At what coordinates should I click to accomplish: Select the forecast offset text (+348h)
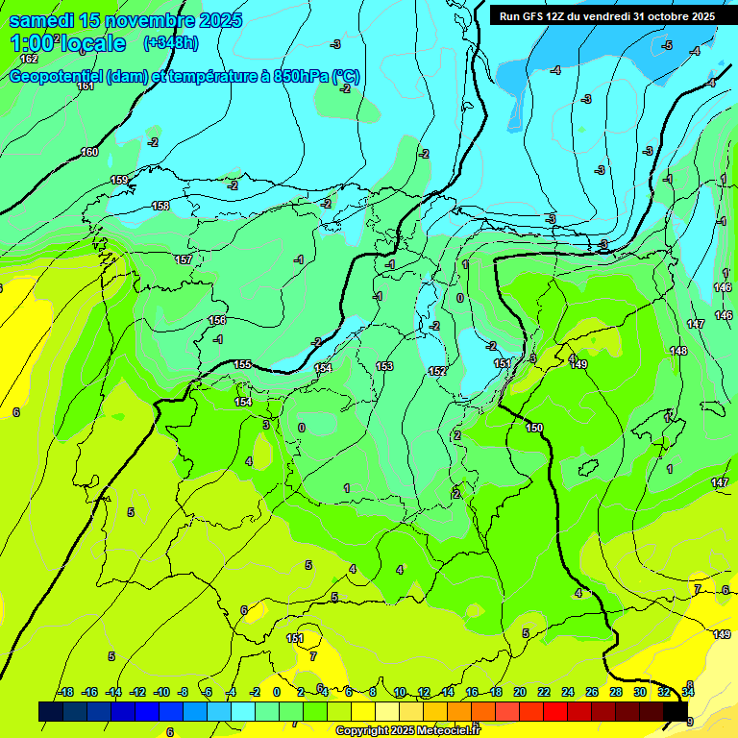pos(170,42)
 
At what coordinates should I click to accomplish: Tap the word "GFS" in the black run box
pos(533,16)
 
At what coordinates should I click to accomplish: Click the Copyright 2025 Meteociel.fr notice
pos(407,731)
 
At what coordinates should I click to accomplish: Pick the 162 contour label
pos(29,60)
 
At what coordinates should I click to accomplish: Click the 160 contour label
pos(89,152)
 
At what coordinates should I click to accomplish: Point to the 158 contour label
pos(160,206)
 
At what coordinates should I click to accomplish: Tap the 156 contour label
pos(217,320)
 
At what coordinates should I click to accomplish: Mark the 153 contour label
pos(384,366)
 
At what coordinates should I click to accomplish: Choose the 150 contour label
pos(534,428)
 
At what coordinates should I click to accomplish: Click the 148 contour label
pos(678,351)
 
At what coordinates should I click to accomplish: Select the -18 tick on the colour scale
pos(65,692)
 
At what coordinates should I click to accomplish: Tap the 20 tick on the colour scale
pos(520,692)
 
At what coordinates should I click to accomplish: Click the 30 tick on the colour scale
pos(640,692)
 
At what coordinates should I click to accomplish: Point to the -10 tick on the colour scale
pos(160,692)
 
